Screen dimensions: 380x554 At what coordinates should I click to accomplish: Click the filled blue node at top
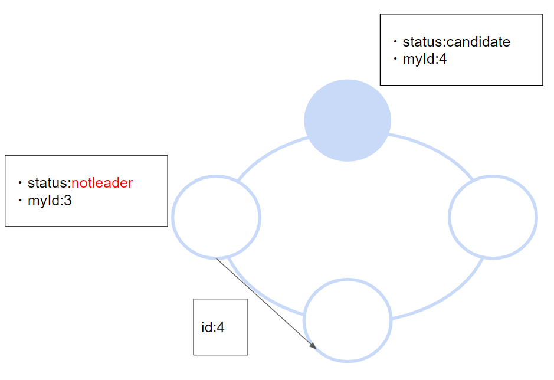[x=348, y=120]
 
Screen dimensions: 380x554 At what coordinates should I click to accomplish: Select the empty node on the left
[x=216, y=217]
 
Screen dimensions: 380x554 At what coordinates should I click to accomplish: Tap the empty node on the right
[x=493, y=217]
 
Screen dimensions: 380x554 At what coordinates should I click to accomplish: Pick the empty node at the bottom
[x=348, y=320]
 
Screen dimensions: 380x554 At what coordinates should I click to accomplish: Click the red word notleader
[x=102, y=183]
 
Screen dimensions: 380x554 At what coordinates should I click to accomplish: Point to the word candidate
[x=478, y=42]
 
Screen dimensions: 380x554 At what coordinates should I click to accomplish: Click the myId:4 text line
[x=424, y=59]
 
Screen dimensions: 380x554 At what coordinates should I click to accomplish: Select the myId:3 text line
[x=50, y=201]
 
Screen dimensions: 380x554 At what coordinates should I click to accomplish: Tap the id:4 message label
[x=213, y=327]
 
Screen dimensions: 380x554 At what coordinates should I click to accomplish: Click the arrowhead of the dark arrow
[x=313, y=345]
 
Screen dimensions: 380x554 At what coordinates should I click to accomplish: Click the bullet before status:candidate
[x=395, y=42]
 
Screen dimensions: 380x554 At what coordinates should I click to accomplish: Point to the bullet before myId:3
[x=20, y=201]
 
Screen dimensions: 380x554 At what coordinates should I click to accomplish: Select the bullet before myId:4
[x=395, y=60]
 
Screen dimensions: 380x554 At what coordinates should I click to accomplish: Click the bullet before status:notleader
[x=20, y=184]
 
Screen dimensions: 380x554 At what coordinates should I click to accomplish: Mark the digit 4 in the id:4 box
[x=221, y=327]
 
